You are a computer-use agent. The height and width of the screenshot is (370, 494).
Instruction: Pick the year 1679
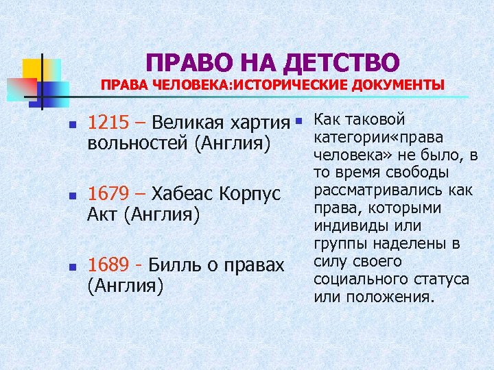pos(109,193)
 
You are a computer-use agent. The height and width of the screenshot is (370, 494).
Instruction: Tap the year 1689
pos(109,264)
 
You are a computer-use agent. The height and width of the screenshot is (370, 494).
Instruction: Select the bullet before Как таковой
pos(299,121)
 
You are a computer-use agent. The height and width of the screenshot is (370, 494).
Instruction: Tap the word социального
pos(361,280)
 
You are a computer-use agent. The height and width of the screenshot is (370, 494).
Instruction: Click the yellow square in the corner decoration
pos(33,69)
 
